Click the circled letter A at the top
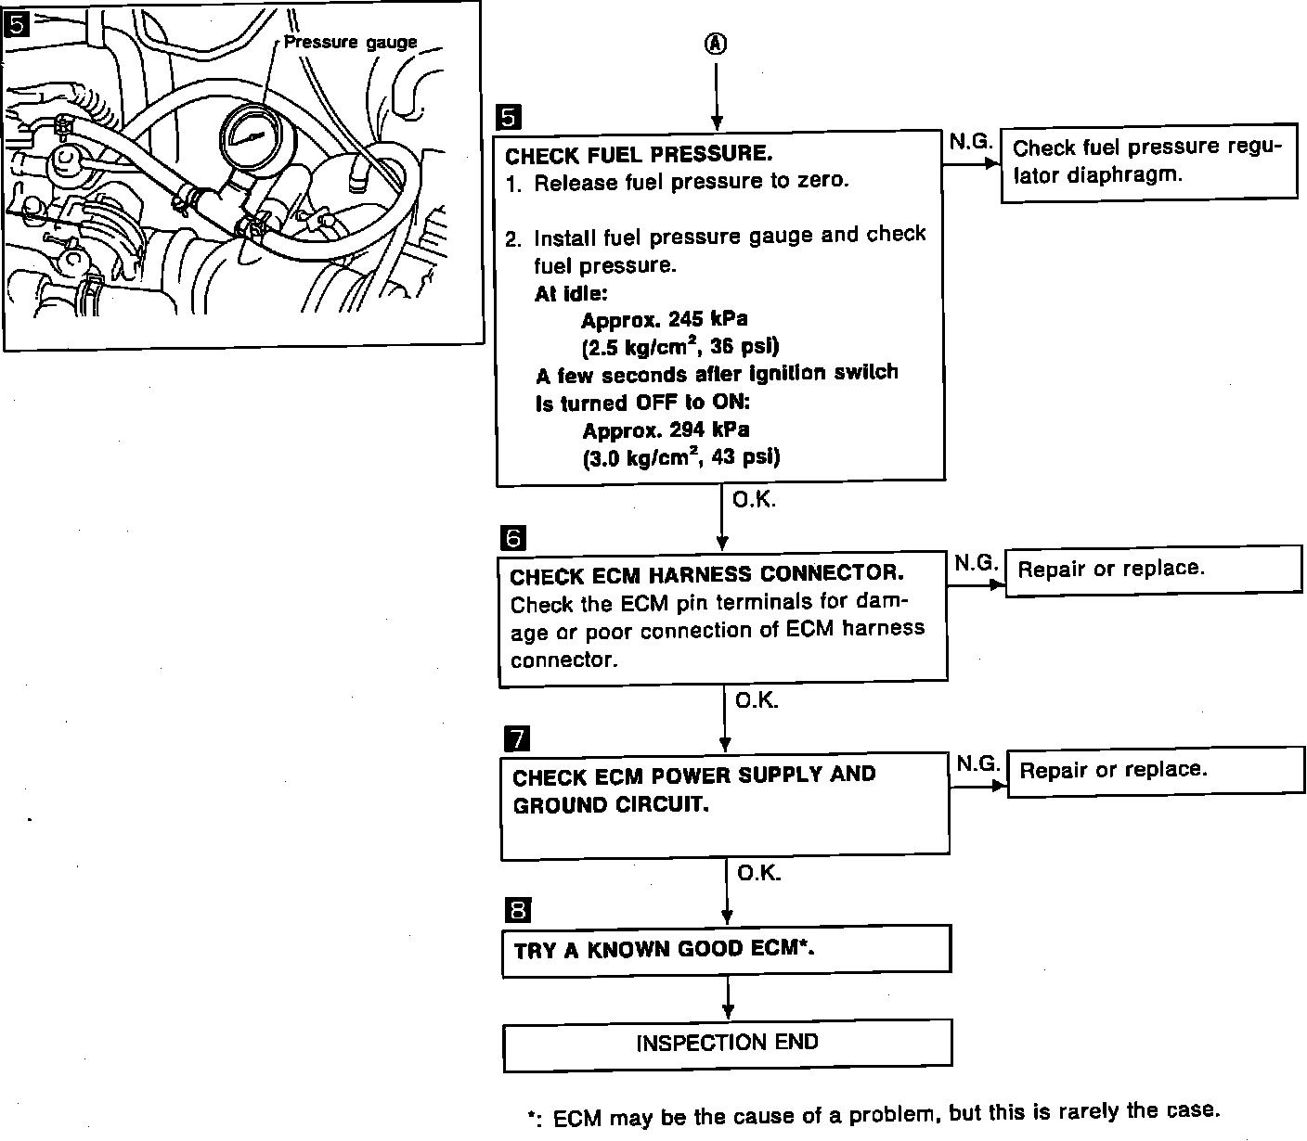pos(716,44)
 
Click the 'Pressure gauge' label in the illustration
pos(350,43)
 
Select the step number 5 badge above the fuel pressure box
pos(509,117)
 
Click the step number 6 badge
pos(511,538)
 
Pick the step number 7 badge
pos(515,738)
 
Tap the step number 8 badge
pos(517,910)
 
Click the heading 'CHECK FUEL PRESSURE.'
pos(639,153)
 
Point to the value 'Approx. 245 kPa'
pos(665,320)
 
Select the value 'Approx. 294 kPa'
pos(666,430)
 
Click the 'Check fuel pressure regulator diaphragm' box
pos(1148,161)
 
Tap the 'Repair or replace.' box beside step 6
pos(1154,569)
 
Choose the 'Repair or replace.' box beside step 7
pos(1156,770)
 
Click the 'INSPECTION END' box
pos(727,1044)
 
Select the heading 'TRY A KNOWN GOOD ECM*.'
pos(665,949)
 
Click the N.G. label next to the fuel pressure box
pos(971,142)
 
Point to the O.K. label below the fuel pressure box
pos(754,500)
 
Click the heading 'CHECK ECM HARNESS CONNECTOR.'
pos(706,575)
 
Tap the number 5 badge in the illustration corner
pos(17,24)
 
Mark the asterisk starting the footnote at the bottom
pos(534,1116)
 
